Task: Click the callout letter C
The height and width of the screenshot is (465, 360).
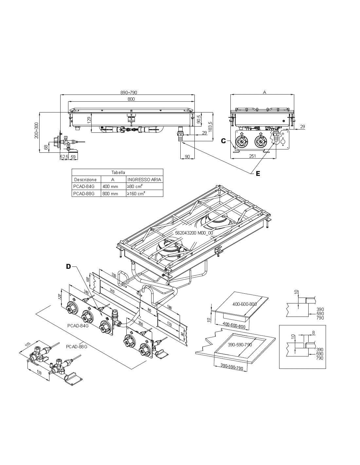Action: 224,141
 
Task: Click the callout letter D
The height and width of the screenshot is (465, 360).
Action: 68,267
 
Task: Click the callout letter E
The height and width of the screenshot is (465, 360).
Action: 258,174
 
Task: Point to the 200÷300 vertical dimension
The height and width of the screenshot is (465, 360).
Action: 37,130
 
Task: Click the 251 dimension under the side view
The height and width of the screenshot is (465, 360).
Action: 252,156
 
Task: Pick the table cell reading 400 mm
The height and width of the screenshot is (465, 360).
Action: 110,186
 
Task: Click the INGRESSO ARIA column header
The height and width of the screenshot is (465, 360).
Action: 144,180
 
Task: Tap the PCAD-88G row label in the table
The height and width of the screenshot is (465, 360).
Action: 84,194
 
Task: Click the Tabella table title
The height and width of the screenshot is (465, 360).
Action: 118,172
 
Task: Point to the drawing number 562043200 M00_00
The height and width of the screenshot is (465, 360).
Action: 194,233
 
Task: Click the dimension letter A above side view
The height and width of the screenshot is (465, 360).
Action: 264,92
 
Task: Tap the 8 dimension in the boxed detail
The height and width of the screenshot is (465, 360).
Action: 313,333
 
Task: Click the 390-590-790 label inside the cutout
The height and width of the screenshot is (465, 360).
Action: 240,345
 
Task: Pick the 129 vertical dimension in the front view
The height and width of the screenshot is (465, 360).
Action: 89,120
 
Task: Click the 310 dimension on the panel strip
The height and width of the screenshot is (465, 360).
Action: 112,290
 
